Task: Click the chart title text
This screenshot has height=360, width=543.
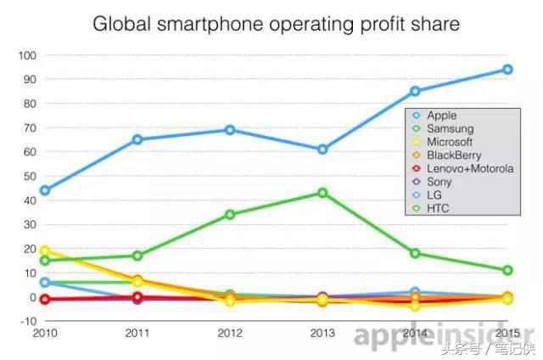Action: pos(276,24)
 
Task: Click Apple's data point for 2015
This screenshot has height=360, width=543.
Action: pos(507,70)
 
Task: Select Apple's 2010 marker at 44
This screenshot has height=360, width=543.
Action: pos(44,190)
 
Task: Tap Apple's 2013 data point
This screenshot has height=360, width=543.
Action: pos(322,149)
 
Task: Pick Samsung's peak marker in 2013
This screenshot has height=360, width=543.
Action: pos(322,193)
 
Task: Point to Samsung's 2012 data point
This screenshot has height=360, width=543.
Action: pos(230,215)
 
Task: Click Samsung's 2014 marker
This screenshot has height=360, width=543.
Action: pos(415,253)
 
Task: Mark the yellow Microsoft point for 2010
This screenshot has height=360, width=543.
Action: pos(44,251)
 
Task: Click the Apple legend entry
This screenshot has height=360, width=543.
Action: pos(441,115)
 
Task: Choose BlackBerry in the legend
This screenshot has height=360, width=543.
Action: pos(453,155)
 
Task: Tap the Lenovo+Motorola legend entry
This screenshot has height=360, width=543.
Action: pos(469,168)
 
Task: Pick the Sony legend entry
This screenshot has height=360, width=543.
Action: pos(439,182)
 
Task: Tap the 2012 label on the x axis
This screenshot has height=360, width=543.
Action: pos(230,333)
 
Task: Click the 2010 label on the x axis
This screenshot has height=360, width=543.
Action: pos(44,333)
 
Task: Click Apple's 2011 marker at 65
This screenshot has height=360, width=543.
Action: pos(137,139)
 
